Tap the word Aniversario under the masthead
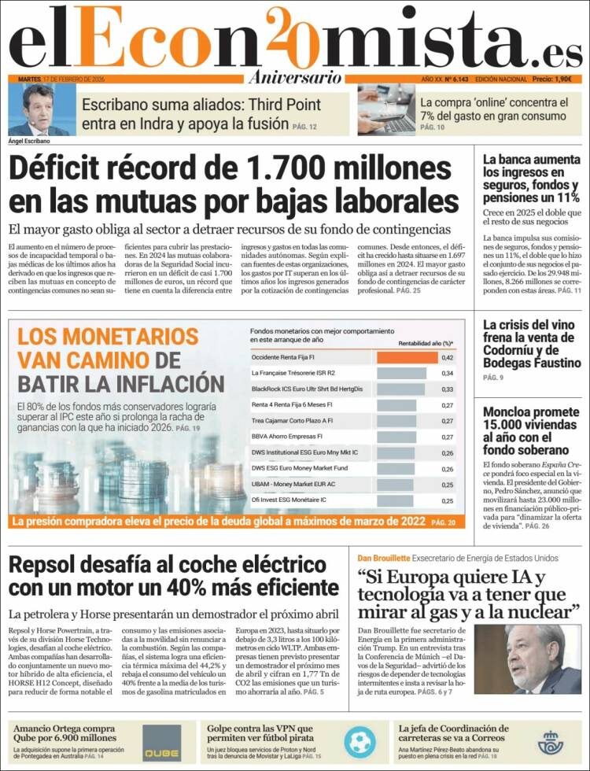pyautogui.click(x=295, y=77)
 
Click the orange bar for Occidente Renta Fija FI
pyautogui.click(x=407, y=357)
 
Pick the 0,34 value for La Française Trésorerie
pyautogui.click(x=447, y=373)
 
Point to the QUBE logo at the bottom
pyautogui.click(x=162, y=741)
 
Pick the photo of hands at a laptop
pyautogui.click(x=385, y=109)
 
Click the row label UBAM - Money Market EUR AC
pyautogui.click(x=289, y=484)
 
